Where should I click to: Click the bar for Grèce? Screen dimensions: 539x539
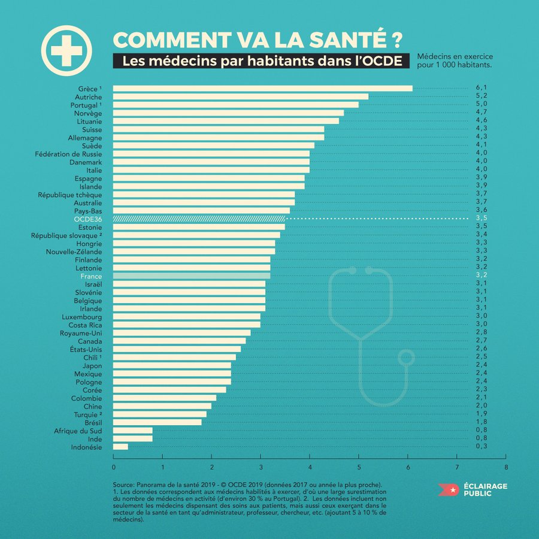(262, 89)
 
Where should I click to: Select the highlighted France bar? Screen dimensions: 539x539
(192, 276)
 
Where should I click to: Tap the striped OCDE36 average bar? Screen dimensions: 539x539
(202, 219)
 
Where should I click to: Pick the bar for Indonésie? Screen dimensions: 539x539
(120, 447)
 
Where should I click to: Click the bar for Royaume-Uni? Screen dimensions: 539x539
(182, 333)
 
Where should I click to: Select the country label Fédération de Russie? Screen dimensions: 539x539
(69, 154)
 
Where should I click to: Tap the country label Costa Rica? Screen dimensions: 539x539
(82, 325)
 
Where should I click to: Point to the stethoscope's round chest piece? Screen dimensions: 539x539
(407, 358)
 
